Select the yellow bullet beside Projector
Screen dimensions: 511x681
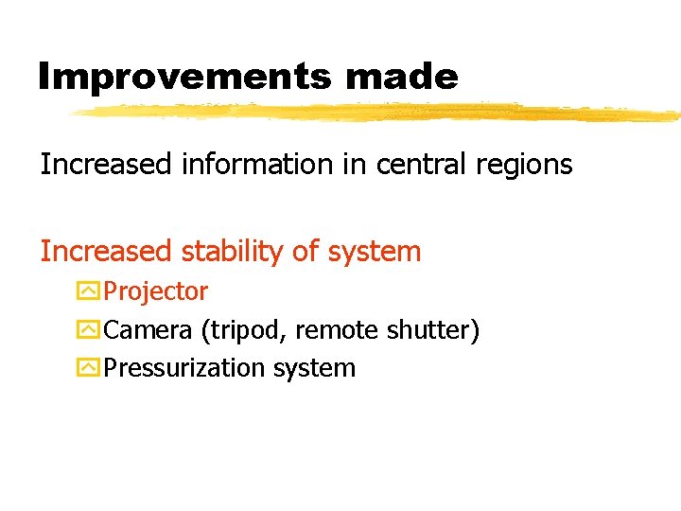pyautogui.click(x=89, y=291)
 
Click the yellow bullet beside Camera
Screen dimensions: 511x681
pyautogui.click(x=89, y=330)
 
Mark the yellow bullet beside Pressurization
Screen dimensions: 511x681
pyautogui.click(x=89, y=368)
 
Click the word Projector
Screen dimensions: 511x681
pyautogui.click(x=156, y=292)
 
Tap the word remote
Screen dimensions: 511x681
pyautogui.click(x=337, y=330)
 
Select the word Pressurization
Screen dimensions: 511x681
pyautogui.click(x=185, y=368)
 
